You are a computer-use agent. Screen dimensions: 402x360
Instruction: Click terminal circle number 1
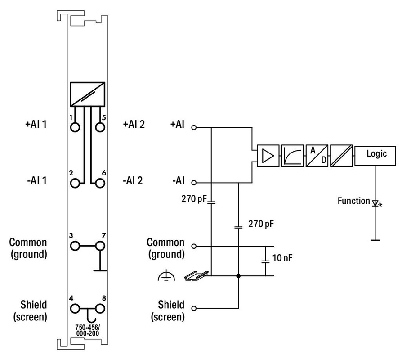[x=75, y=127]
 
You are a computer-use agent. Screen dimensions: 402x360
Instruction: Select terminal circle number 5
[x=100, y=127]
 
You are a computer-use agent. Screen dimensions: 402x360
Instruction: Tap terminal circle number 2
[x=75, y=183]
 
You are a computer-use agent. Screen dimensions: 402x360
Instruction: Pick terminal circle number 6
[x=100, y=183]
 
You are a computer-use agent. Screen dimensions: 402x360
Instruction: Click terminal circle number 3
[x=75, y=246]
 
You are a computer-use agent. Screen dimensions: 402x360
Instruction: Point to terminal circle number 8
[x=100, y=309]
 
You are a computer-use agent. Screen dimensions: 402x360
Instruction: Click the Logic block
[x=375, y=156]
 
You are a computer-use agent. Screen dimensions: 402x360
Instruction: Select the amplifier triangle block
[x=268, y=156]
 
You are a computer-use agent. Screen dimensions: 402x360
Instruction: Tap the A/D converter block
[x=317, y=156]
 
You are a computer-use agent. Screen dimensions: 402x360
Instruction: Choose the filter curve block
[x=293, y=156]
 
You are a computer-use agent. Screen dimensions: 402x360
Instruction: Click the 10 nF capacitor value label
[x=282, y=258]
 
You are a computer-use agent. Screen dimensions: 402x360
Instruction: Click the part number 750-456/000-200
[x=87, y=330]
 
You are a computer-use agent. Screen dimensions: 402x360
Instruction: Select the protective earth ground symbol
[x=166, y=275]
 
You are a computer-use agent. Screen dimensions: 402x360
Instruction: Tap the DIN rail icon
[x=197, y=275]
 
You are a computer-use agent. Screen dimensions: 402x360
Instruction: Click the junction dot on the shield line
[x=238, y=276]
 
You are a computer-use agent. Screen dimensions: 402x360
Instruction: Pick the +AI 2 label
[x=134, y=125]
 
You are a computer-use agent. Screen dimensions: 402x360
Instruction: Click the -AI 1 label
[x=37, y=180]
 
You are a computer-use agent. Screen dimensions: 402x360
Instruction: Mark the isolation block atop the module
[x=88, y=94]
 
